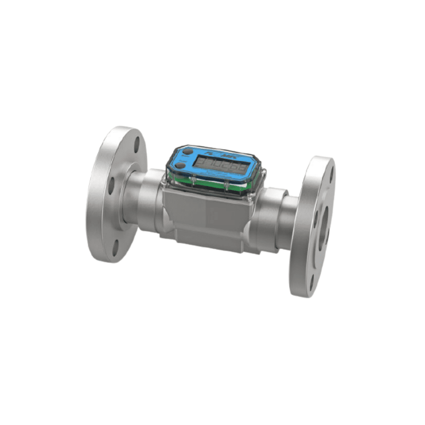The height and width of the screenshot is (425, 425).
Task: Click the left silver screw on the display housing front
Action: tap(193, 181)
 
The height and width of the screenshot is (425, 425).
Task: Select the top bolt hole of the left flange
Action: tap(137, 144)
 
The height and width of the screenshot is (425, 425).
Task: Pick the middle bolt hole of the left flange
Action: tap(111, 185)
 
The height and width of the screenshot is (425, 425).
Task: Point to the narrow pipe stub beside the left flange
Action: tap(129, 199)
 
